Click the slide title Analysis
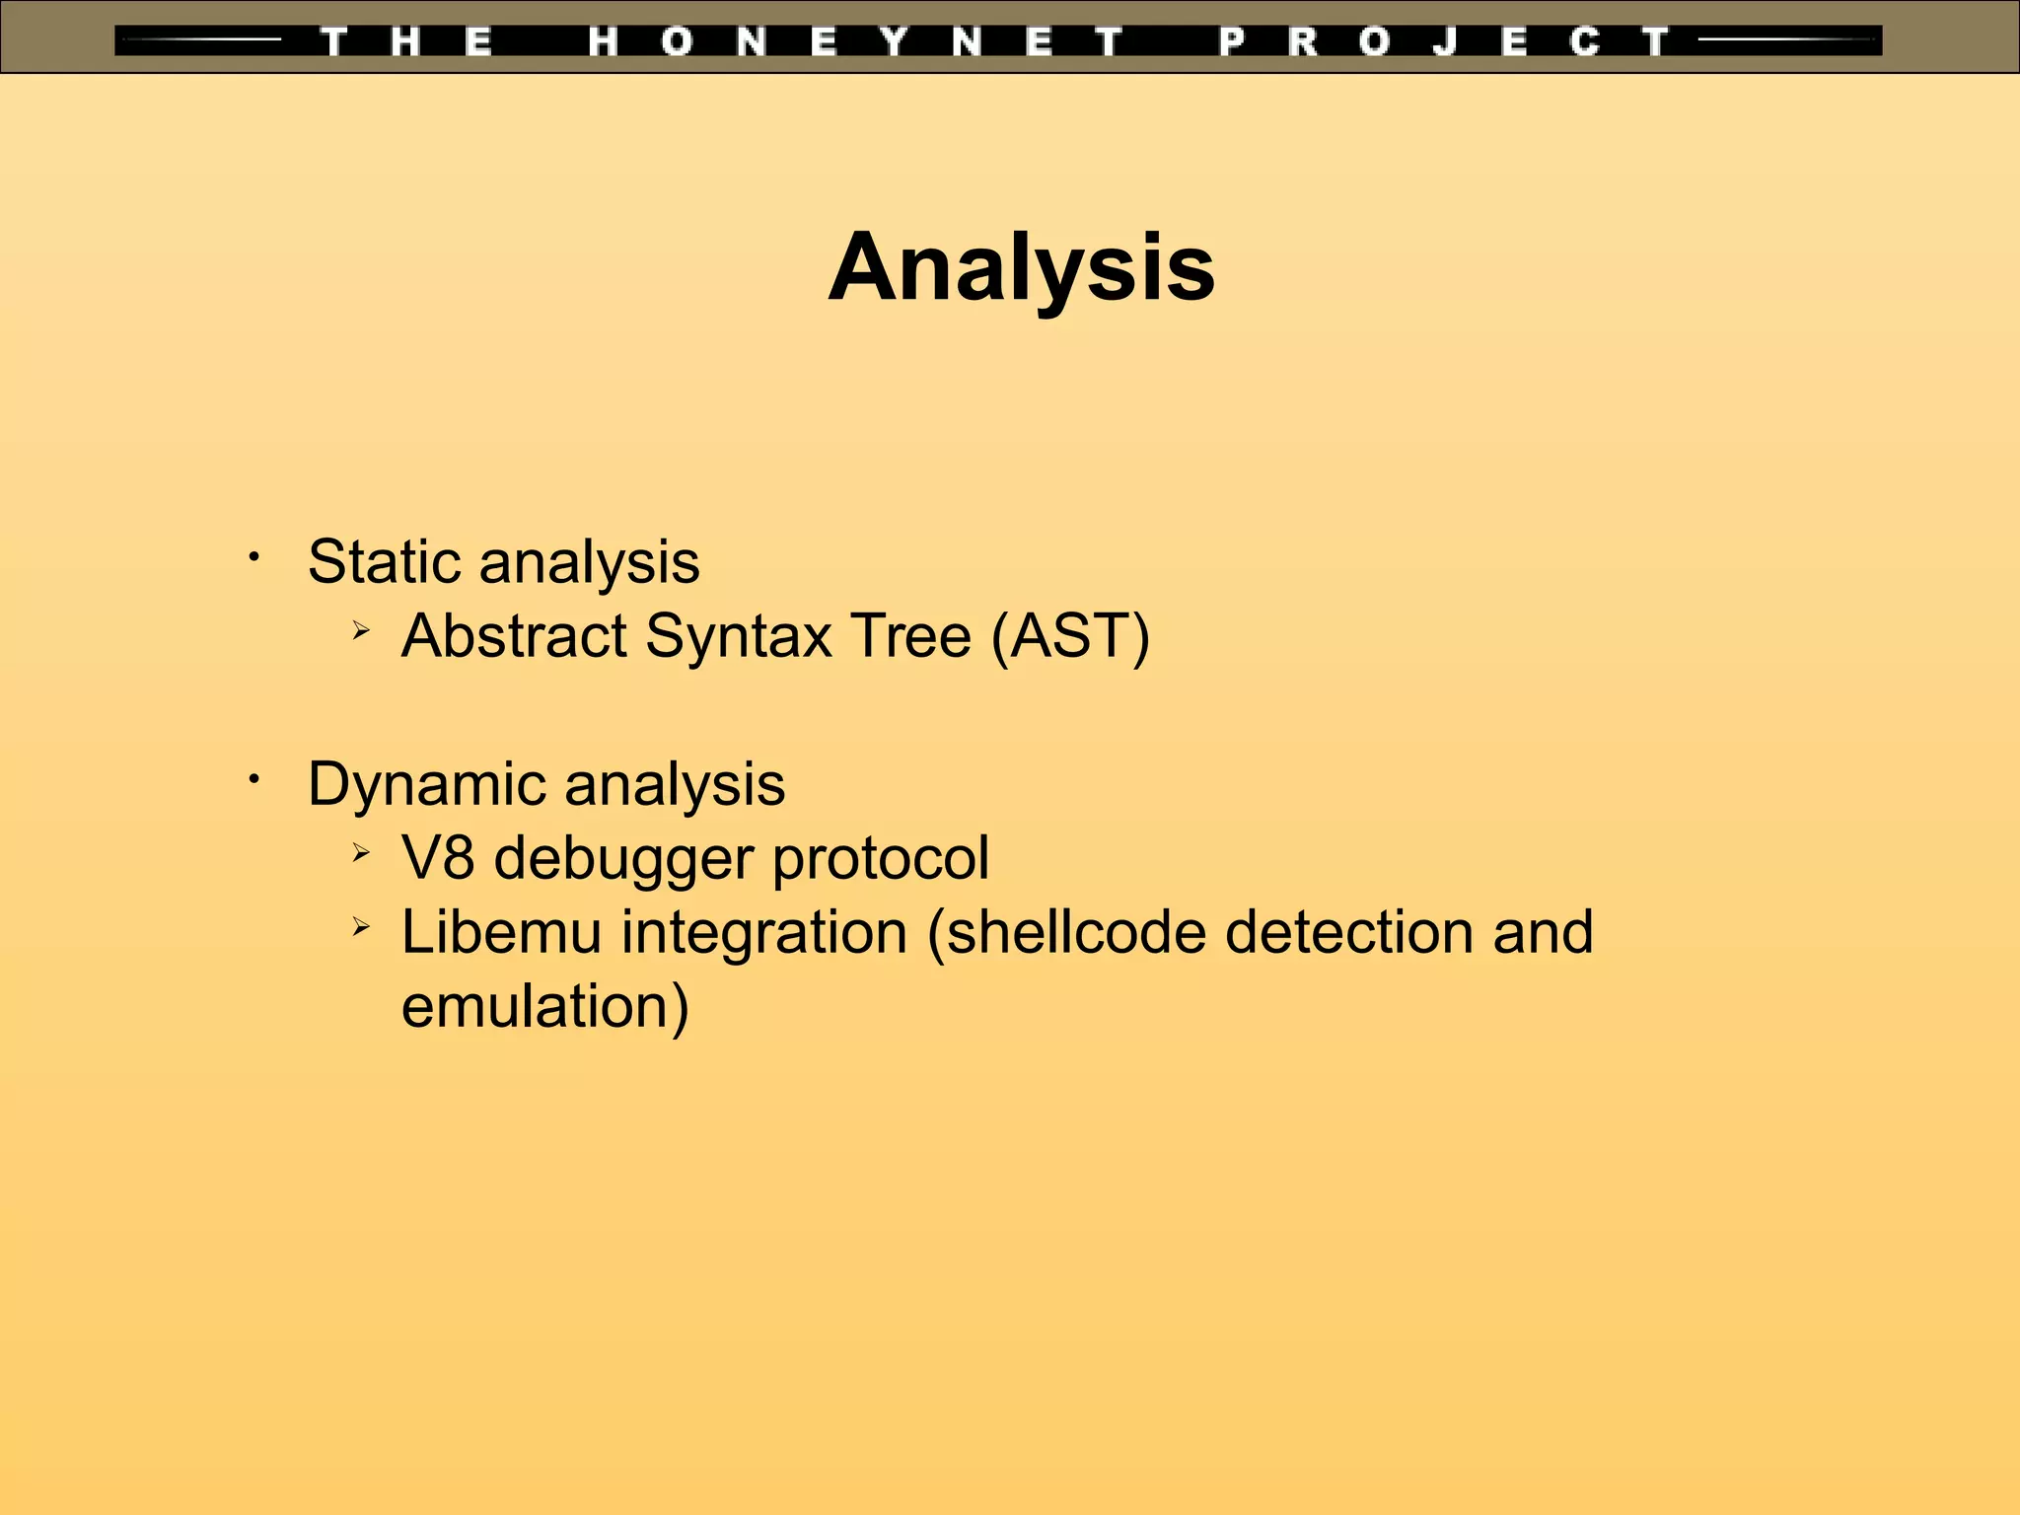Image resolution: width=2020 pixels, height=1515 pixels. click(1022, 268)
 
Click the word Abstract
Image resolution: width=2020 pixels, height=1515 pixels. click(513, 635)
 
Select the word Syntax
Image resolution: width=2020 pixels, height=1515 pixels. click(739, 637)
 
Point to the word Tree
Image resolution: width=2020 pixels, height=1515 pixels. click(911, 635)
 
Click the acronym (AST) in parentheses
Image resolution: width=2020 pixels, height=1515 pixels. click(1070, 636)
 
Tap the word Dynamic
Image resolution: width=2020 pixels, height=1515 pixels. click(426, 785)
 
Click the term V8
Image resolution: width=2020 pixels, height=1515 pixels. click(438, 857)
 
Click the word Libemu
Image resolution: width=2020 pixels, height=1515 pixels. click(501, 932)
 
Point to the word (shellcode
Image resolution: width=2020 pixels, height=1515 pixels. click(1066, 933)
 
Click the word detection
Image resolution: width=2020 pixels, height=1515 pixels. click(1347, 932)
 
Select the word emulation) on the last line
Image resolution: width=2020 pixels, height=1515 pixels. click(544, 1007)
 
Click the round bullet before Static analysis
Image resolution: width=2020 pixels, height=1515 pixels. click(253, 558)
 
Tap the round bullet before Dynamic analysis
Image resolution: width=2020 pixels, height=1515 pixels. click(253, 780)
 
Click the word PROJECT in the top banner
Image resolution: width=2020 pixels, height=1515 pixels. click(1444, 41)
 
